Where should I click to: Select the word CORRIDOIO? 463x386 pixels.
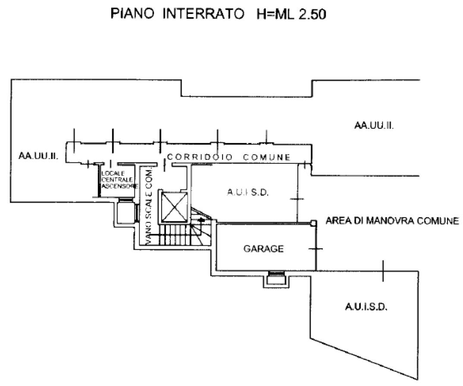[x=200, y=157]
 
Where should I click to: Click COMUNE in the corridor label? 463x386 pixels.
[x=266, y=157]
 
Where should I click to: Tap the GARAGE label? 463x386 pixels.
[x=263, y=249]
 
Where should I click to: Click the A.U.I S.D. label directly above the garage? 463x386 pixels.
[x=247, y=193]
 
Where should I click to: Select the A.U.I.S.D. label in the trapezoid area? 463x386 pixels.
[x=366, y=307]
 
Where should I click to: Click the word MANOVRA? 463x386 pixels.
[x=391, y=221]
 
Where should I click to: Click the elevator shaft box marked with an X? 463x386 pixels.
[x=174, y=207]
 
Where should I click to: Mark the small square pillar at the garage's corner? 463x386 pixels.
[x=314, y=223]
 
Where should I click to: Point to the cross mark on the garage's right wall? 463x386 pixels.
[x=316, y=249]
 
